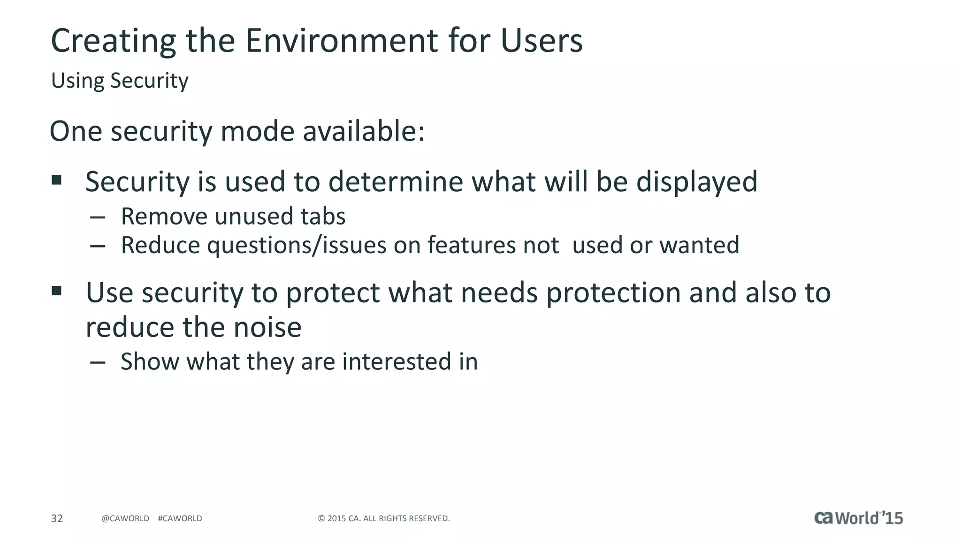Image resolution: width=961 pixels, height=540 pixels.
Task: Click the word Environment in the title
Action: pos(342,41)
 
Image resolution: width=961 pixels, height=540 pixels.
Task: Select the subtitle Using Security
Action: pos(120,81)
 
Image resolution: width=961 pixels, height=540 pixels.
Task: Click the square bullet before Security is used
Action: pos(57,180)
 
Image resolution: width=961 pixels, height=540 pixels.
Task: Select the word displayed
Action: pos(696,182)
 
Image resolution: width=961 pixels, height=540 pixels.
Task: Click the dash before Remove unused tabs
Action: pos(98,217)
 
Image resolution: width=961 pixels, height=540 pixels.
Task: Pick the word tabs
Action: pos(323,217)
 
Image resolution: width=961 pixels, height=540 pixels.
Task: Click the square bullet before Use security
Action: pos(57,291)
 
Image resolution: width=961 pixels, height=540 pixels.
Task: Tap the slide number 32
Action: pos(57,518)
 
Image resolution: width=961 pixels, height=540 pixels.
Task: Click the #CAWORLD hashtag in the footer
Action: pos(180,518)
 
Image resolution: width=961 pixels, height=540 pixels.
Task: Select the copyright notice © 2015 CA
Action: pos(383,518)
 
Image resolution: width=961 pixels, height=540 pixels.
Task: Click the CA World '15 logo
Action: pos(858,518)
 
